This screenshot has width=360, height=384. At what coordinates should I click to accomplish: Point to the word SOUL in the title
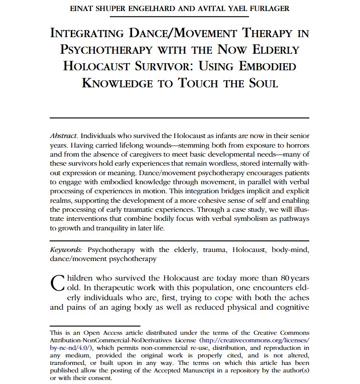pyautogui.click(x=260, y=83)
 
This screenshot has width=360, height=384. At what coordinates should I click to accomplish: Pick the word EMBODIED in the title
pyautogui.click(x=263, y=67)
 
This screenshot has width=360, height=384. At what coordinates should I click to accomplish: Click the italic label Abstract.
pyautogui.click(x=64, y=137)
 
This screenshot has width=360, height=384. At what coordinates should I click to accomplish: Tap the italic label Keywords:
pyautogui.click(x=68, y=249)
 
